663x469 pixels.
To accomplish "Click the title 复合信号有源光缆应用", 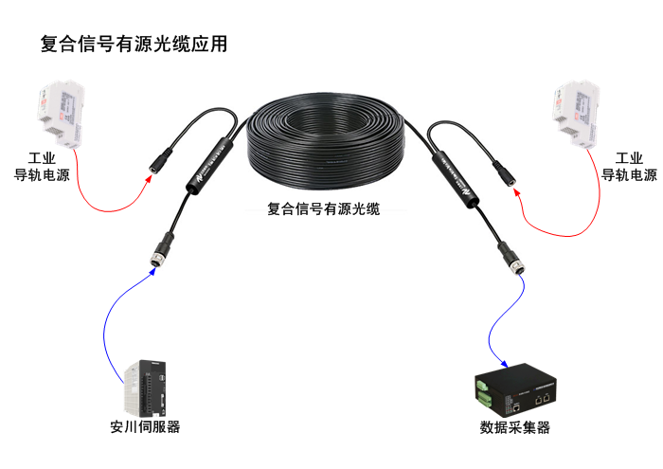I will pyautogui.click(x=134, y=45).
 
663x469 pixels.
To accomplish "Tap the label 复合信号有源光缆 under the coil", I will pyautogui.click(x=324, y=209).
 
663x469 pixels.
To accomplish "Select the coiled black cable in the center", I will pyautogui.click(x=326, y=142).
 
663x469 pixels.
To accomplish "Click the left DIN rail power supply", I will pyautogui.click(x=59, y=115).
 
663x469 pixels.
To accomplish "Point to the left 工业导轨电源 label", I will pyautogui.click(x=43, y=167).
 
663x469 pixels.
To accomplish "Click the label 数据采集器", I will pyautogui.click(x=515, y=427).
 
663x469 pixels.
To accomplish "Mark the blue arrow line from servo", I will pyautogui.click(x=106, y=322).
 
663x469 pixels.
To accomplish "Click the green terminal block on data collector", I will pyautogui.click(x=484, y=388).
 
